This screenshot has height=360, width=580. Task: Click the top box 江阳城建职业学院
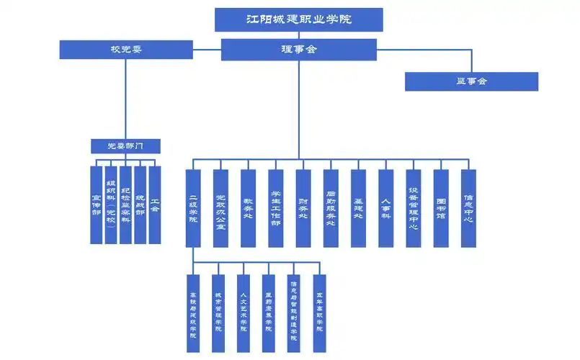(298, 19)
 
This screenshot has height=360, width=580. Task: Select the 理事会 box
(298, 50)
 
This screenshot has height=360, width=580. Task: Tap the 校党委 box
(126, 50)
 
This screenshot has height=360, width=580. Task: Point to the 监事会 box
(471, 81)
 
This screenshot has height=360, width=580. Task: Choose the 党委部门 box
(125, 146)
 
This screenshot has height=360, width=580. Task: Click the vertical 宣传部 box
(97, 204)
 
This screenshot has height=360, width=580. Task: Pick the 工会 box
(154, 204)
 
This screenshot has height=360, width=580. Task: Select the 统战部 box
(140, 204)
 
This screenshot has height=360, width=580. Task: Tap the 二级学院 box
(193, 208)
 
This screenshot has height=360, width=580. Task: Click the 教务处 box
(248, 208)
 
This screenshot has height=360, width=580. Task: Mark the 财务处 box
(303, 208)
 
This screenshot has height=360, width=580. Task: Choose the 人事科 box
(386, 208)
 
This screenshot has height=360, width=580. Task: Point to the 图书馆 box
(441, 208)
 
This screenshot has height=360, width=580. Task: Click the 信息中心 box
(468, 208)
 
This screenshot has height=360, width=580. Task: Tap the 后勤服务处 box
(331, 208)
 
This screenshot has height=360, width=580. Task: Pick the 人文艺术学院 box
(244, 313)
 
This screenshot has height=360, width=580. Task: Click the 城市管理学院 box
(218, 313)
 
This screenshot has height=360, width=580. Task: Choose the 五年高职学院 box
(319, 313)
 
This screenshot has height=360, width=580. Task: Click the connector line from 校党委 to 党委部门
(126, 101)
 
